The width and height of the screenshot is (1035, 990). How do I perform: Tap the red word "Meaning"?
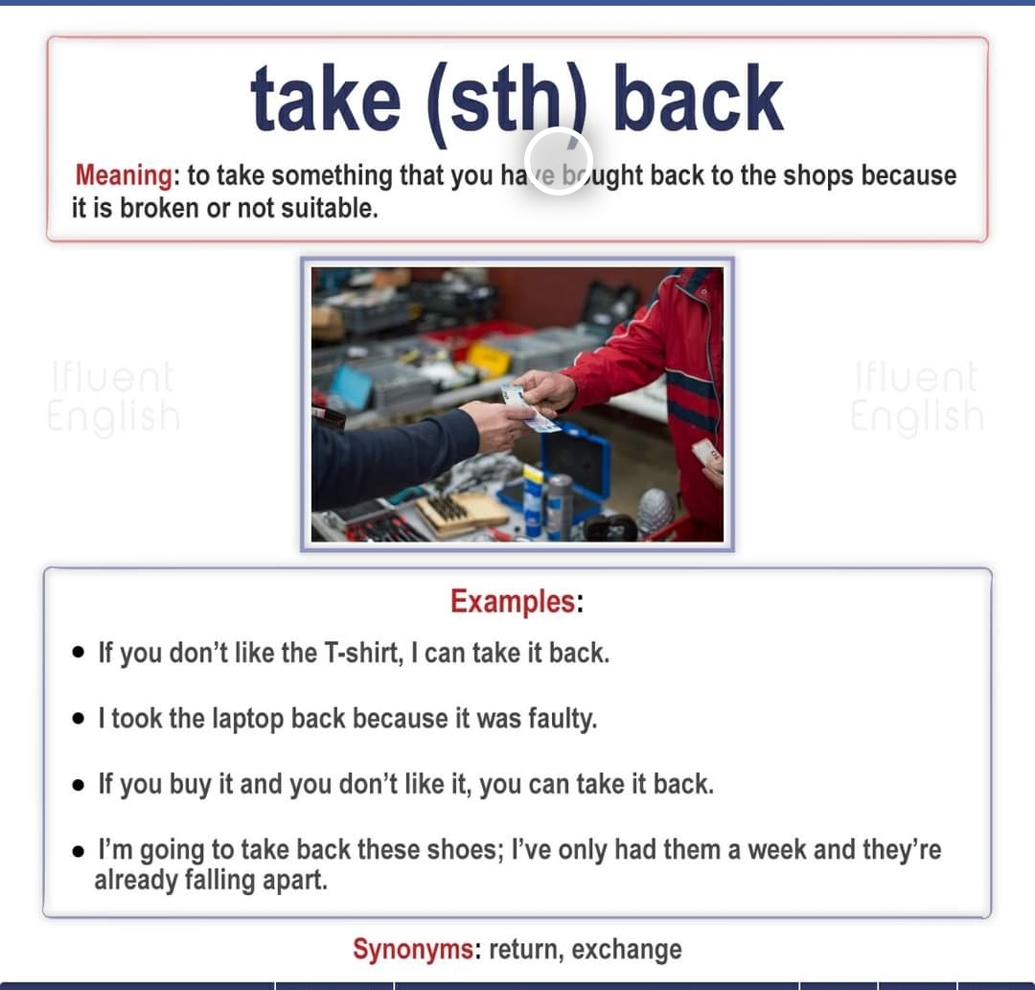coord(123,175)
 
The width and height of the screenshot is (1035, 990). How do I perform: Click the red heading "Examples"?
coord(513,602)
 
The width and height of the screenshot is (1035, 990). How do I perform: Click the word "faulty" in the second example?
coord(563,719)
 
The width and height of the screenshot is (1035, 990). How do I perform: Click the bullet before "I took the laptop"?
coord(79,719)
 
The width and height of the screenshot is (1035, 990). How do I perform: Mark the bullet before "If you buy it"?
coord(79,785)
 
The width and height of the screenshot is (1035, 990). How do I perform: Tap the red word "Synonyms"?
coord(413,950)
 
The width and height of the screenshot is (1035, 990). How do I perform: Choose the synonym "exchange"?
coord(627,950)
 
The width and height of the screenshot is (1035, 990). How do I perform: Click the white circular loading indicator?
coord(559,160)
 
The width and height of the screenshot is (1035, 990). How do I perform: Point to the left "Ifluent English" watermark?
coord(113,397)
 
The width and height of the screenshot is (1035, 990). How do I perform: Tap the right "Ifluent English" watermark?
coord(917,397)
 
